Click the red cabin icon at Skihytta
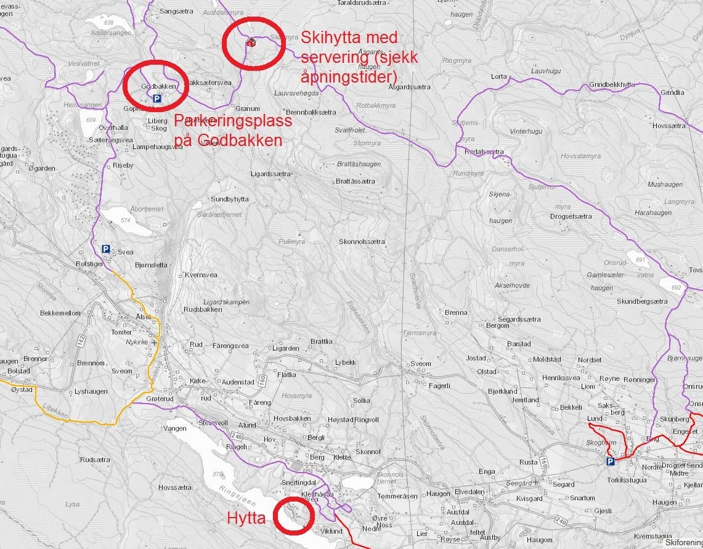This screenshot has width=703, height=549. click(251, 43)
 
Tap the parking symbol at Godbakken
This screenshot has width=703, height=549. click(156, 98)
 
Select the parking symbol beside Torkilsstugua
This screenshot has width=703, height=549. click(610, 461)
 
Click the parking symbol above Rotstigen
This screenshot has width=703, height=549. click(106, 249)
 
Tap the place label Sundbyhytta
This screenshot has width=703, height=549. click(230, 200)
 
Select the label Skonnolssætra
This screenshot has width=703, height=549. click(362, 242)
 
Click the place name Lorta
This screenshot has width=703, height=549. click(498, 77)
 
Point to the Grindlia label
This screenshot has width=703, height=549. click(672, 92)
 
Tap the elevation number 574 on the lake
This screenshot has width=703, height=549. click(127, 221)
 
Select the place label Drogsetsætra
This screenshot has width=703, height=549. click(571, 216)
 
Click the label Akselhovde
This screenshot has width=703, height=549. click(512, 285)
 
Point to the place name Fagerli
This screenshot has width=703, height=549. click(439, 386)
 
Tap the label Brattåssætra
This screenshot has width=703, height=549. click(356, 181)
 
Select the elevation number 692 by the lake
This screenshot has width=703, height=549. click(677, 287)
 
